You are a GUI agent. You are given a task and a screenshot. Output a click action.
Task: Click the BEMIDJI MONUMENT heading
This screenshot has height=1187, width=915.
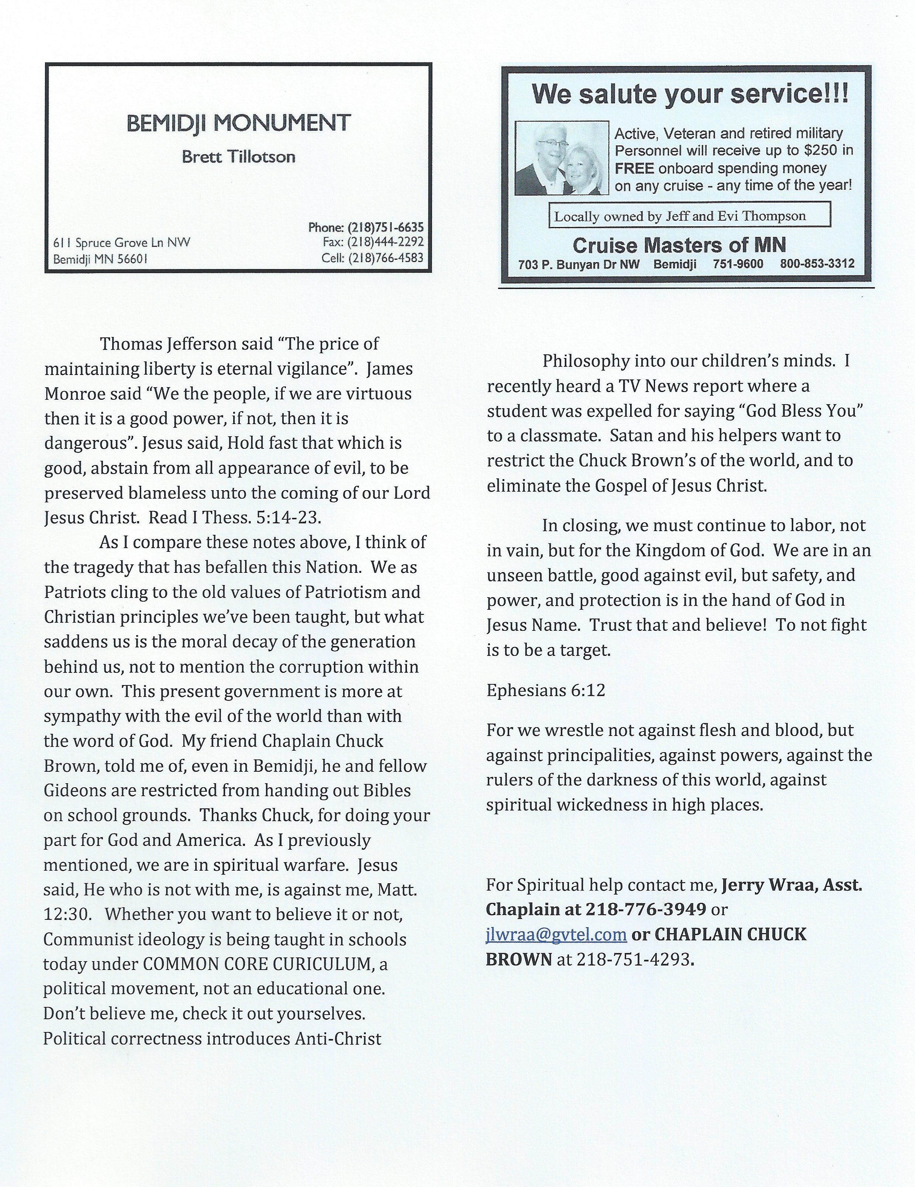[239, 123]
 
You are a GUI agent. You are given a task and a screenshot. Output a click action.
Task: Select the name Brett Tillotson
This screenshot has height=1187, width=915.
[239, 157]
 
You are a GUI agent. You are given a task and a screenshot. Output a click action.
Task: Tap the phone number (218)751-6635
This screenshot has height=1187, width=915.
[385, 227]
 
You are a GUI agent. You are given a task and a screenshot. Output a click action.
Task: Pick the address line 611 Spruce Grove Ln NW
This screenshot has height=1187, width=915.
[122, 243]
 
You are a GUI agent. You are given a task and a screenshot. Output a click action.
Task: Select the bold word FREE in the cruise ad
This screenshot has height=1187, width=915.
[634, 168]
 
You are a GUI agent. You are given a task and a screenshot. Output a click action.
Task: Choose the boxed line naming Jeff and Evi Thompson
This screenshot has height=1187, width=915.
[690, 216]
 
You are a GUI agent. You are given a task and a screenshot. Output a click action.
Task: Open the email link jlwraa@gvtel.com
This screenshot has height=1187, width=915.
[556, 934]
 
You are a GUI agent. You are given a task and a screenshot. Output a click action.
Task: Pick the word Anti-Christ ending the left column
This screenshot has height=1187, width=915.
[338, 1039]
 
